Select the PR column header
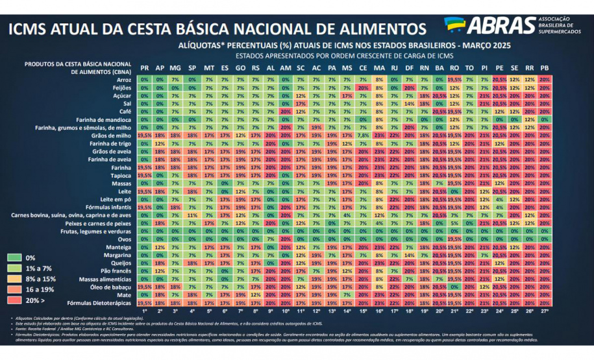[144, 68]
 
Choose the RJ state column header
[394, 68]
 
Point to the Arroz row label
[121, 79]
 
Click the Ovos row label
[123, 239]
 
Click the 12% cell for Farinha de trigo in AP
[160, 143]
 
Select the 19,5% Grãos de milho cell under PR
[144, 135]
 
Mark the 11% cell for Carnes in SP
[192, 215]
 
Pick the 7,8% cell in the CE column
[363, 135]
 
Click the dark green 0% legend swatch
[15, 258]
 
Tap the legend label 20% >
[36, 300]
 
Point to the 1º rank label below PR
[144, 311]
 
